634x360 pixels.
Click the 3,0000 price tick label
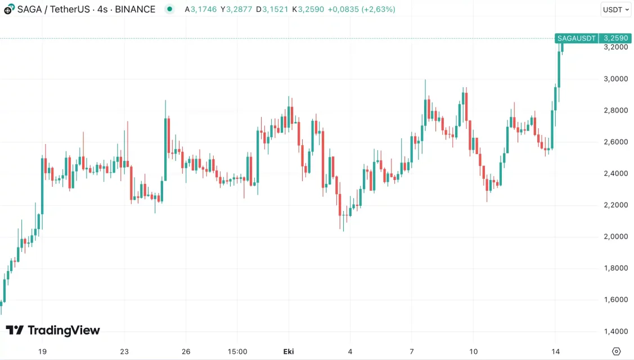click(x=615, y=79)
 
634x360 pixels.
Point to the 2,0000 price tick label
click(x=615, y=236)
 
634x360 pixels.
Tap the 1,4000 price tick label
click(x=615, y=331)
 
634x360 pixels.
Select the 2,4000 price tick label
click(x=615, y=173)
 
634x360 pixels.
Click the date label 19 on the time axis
click(x=42, y=352)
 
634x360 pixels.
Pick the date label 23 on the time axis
click(x=124, y=352)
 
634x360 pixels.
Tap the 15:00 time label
click(x=237, y=352)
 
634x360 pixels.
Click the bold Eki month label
click(x=288, y=352)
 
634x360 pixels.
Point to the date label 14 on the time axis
click(x=556, y=352)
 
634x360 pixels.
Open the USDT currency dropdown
click(x=616, y=10)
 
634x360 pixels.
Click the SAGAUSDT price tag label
click(x=576, y=38)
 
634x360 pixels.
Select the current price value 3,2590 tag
click(x=615, y=38)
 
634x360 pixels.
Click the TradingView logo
click(x=53, y=330)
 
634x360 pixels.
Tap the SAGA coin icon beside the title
click(x=9, y=10)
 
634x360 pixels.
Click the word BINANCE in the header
click(x=135, y=10)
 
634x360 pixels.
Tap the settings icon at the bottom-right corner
click(x=616, y=352)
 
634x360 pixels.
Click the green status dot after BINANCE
click(x=169, y=9)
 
